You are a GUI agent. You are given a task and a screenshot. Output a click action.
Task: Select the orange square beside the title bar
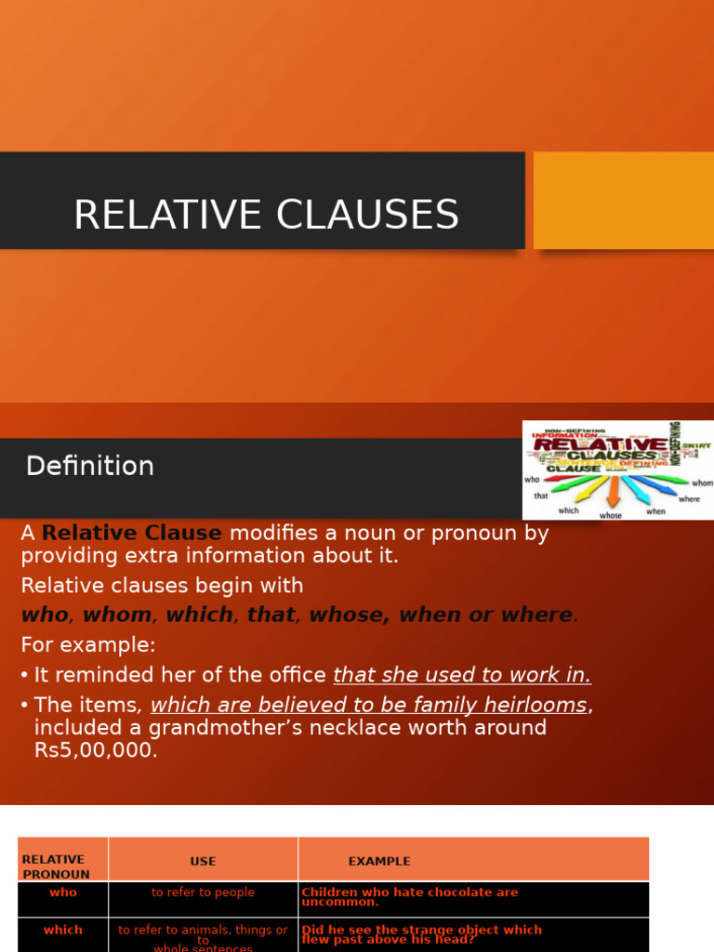(x=624, y=200)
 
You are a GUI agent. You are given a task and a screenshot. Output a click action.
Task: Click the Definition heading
(x=90, y=466)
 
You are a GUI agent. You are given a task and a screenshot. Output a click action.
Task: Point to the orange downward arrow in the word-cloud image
(x=613, y=491)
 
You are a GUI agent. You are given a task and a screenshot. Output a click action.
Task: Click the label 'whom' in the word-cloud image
(x=702, y=483)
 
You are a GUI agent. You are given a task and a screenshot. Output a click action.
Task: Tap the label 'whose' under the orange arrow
(x=611, y=515)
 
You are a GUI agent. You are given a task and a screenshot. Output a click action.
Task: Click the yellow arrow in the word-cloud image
(x=590, y=489)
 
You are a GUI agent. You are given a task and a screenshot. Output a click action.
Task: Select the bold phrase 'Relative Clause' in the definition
(x=132, y=534)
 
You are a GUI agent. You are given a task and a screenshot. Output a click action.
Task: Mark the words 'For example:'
(x=88, y=644)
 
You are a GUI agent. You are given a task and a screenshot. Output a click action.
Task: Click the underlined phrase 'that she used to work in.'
(x=462, y=675)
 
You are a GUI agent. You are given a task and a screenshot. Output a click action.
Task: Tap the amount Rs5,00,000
(x=96, y=750)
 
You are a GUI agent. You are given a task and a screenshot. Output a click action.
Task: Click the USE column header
(x=203, y=862)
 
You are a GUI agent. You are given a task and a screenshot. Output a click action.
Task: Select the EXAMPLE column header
(x=379, y=862)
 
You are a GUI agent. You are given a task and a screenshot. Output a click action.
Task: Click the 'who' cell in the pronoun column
(x=63, y=892)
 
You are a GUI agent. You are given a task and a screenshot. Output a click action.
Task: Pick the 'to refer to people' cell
(x=203, y=892)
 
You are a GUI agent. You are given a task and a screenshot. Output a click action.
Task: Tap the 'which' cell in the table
(x=63, y=930)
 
